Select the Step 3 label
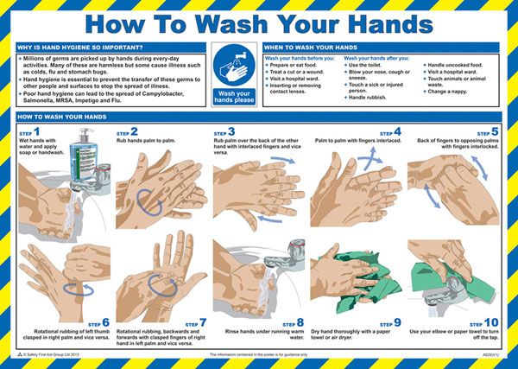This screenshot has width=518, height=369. pyautogui.click(x=225, y=132)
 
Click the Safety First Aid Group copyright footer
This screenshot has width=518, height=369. pyautogui.click(x=52, y=354)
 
